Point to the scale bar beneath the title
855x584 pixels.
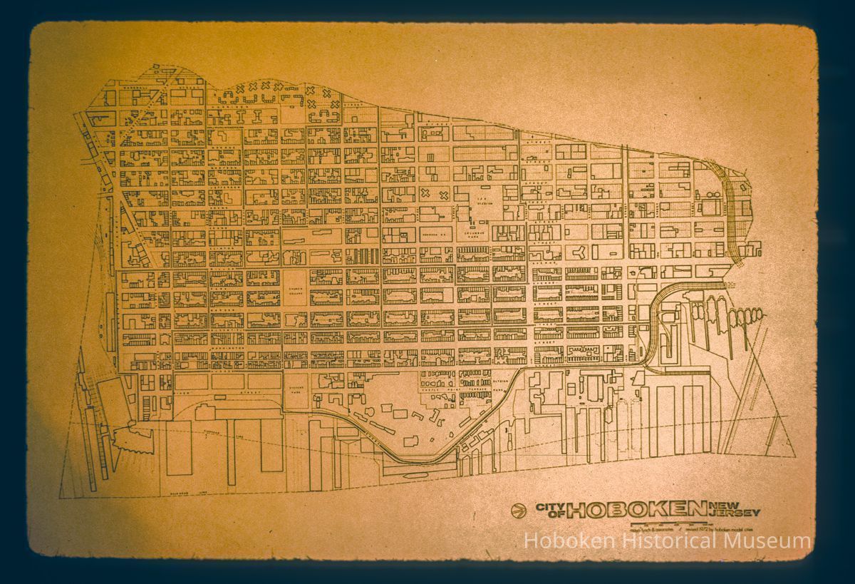(655, 524)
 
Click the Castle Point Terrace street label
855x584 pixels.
(456, 390)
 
